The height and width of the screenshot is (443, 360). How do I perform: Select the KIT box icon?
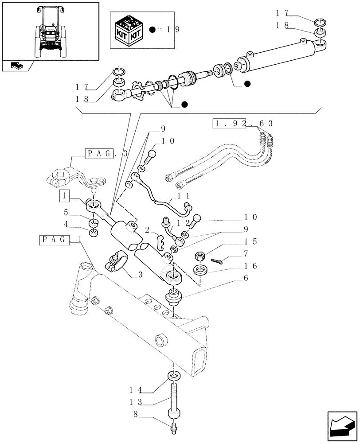coord(129,30)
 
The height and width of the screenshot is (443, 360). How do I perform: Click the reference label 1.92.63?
coord(243,123)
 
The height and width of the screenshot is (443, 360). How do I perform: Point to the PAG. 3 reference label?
coord(106,154)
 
